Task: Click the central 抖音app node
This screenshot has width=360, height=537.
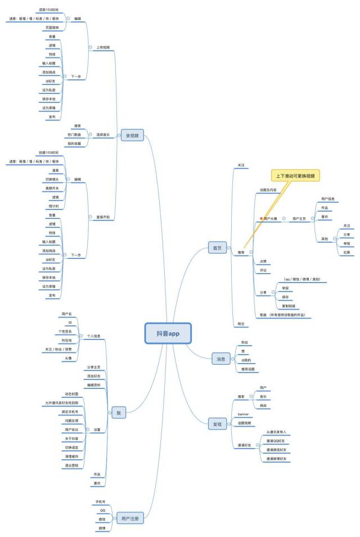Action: click(x=168, y=333)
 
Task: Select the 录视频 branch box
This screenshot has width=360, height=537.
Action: click(x=133, y=135)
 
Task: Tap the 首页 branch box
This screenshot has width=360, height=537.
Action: click(x=217, y=248)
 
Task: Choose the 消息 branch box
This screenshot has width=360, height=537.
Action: click(x=220, y=359)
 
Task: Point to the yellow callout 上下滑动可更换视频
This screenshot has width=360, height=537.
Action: click(x=295, y=176)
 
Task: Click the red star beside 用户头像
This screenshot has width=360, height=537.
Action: click(x=260, y=218)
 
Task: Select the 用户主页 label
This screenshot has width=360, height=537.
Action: click(x=299, y=218)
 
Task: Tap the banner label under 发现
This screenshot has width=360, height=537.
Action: click(x=243, y=414)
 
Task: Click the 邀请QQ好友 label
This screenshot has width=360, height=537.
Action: click(x=276, y=441)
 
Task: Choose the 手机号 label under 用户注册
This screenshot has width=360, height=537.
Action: click(x=100, y=501)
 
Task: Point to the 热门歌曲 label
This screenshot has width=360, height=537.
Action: click(x=74, y=135)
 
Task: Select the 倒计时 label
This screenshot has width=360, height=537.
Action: click(x=53, y=206)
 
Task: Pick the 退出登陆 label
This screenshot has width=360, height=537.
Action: click(x=71, y=466)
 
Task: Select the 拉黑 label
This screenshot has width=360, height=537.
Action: click(x=347, y=252)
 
